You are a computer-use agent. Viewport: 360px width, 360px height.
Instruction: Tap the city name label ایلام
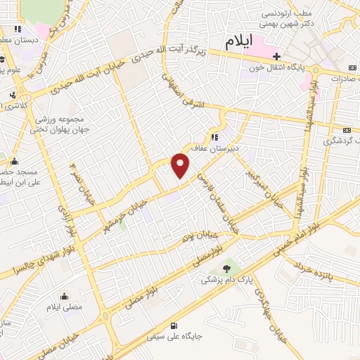point(238,41)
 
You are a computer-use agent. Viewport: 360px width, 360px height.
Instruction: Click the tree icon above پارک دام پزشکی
point(226,267)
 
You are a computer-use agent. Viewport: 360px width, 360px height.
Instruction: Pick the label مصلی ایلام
point(64,308)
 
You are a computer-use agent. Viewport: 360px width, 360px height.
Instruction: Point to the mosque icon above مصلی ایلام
point(64,296)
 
